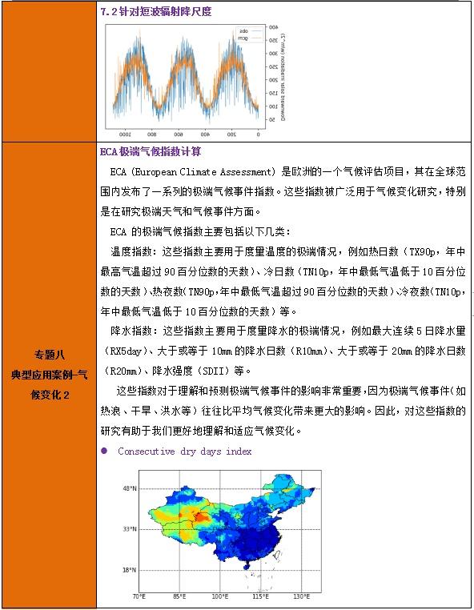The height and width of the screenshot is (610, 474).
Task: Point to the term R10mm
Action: (x=304, y=351)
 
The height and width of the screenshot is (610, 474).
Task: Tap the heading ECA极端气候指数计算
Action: (x=151, y=151)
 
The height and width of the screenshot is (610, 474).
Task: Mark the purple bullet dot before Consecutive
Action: (x=104, y=451)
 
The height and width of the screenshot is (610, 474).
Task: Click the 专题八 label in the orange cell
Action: (x=48, y=355)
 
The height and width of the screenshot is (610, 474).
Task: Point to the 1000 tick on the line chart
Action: (x=123, y=133)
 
